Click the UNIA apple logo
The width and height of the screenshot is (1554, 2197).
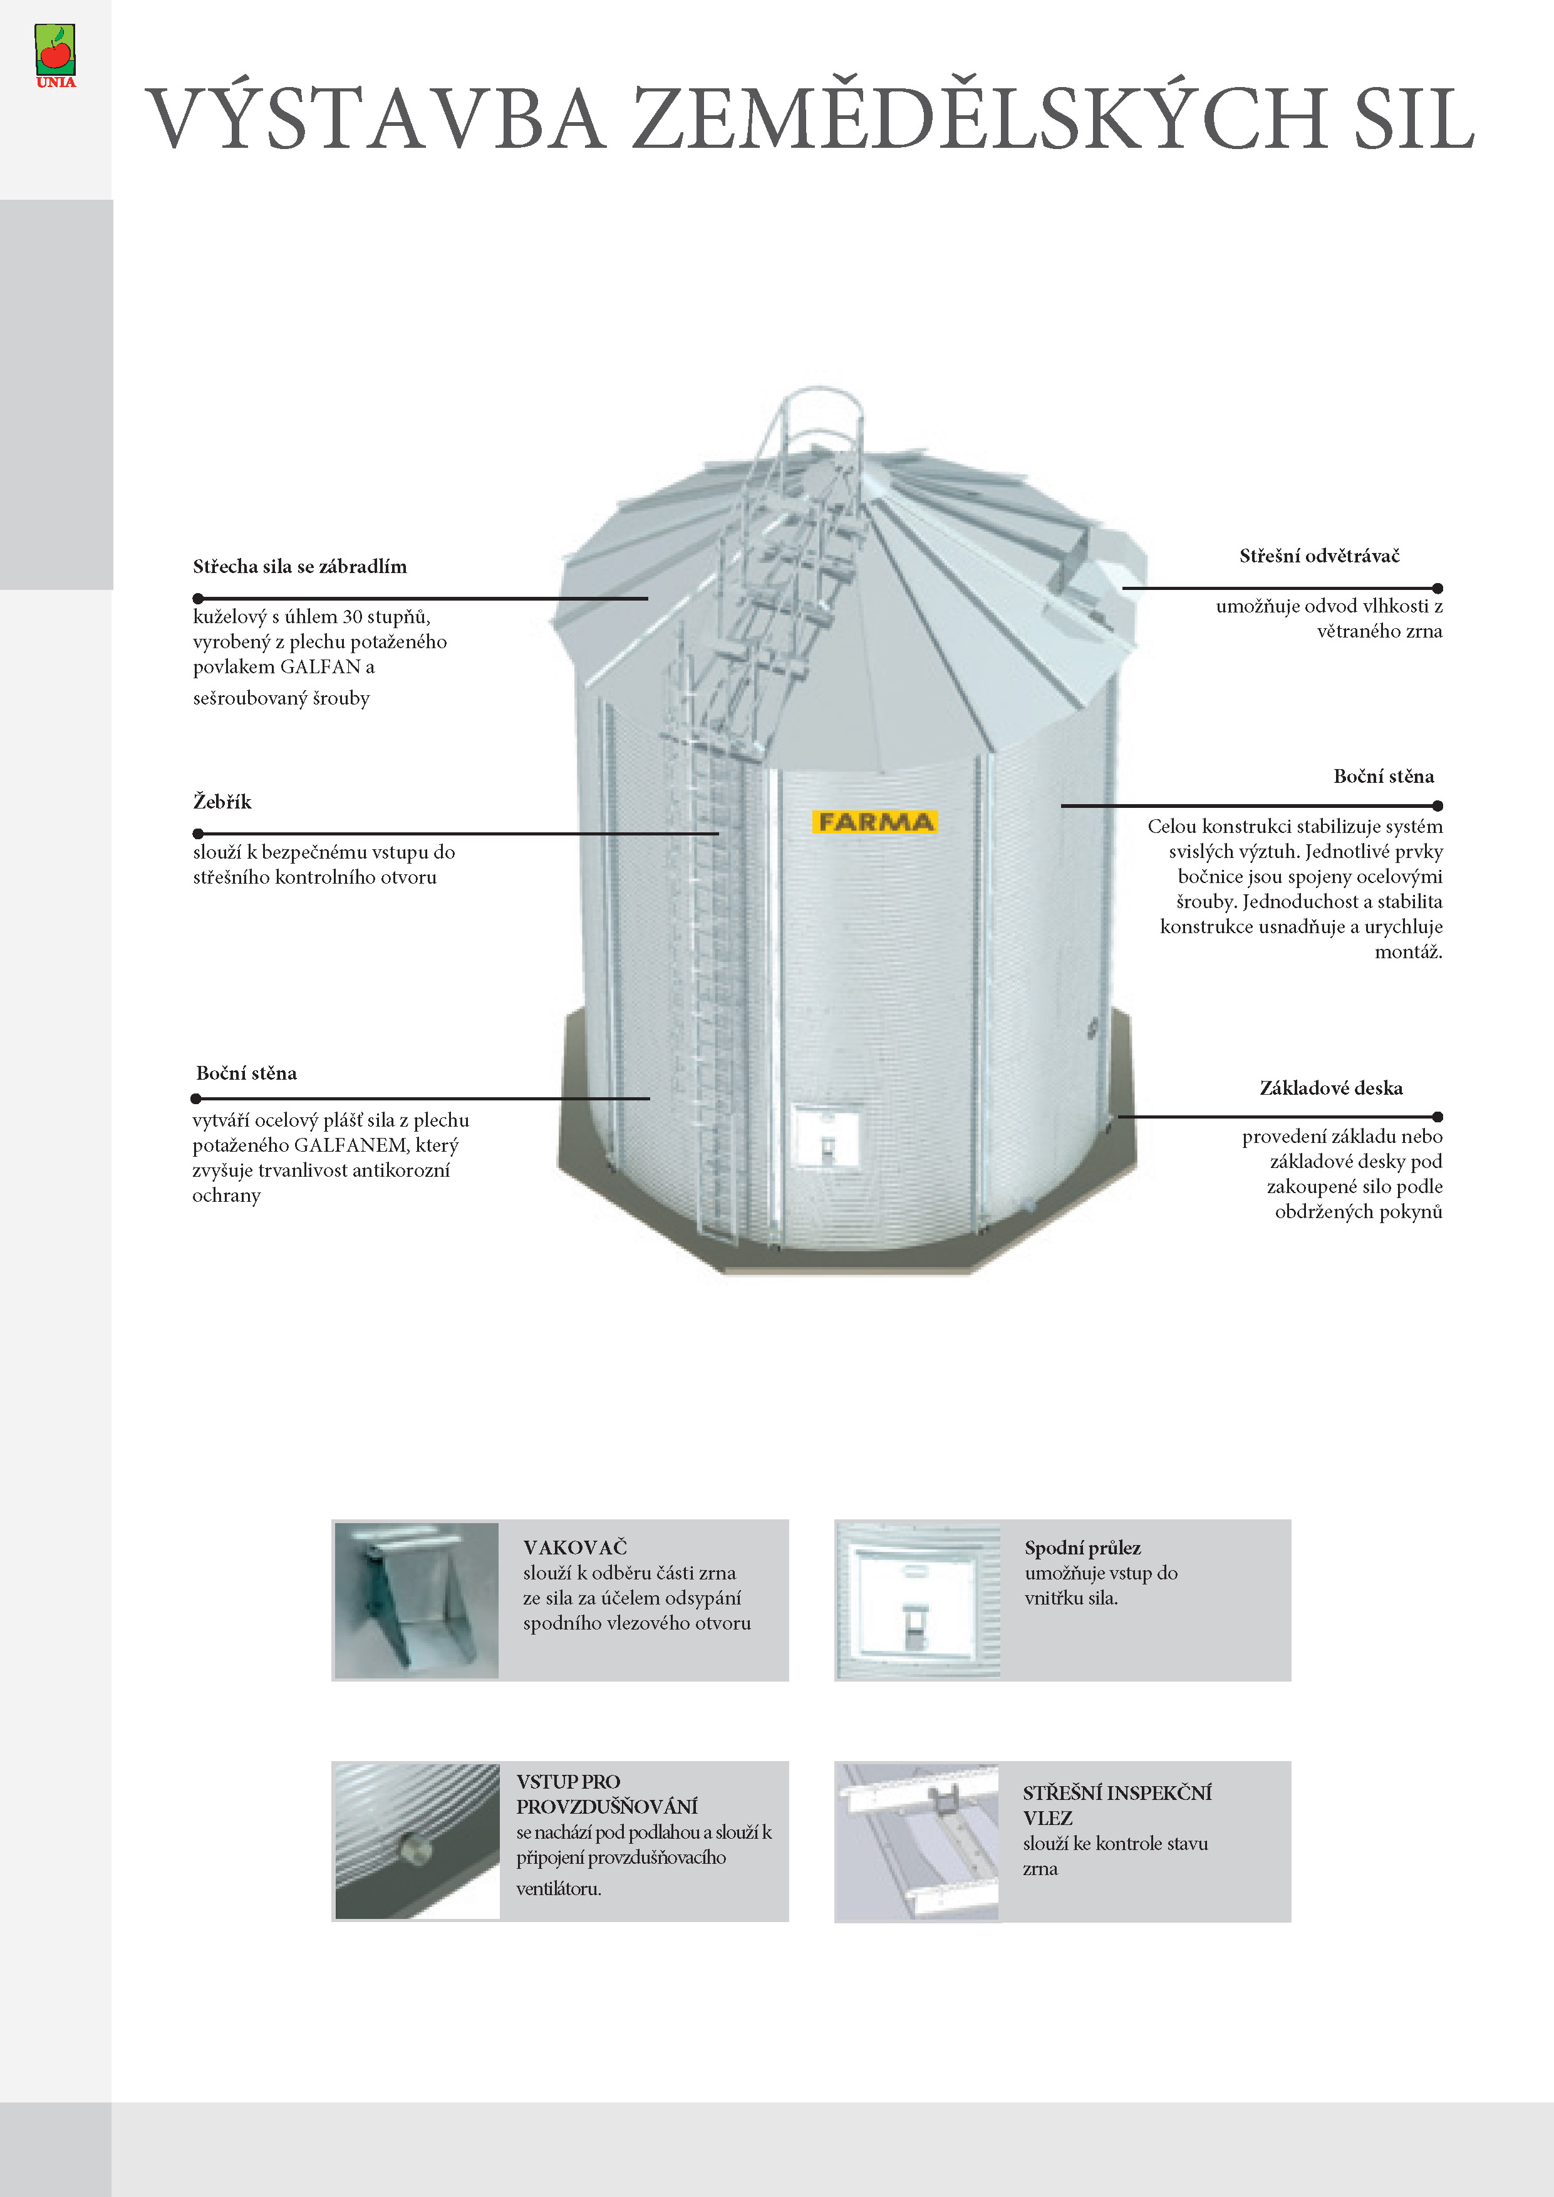(x=56, y=54)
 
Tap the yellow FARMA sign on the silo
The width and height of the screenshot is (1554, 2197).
(x=874, y=822)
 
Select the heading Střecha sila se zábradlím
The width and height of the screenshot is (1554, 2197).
(x=299, y=567)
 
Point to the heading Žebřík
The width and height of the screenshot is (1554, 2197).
(x=222, y=802)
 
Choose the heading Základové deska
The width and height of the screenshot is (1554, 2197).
(x=1330, y=1088)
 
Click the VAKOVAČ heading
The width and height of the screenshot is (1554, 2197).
(x=575, y=1548)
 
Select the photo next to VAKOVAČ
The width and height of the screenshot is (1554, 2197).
(x=417, y=1600)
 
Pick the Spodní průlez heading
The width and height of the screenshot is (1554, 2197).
(x=1082, y=1548)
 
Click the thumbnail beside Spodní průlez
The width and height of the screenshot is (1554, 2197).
(x=918, y=1600)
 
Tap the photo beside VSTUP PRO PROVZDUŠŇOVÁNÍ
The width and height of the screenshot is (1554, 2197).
(x=417, y=1841)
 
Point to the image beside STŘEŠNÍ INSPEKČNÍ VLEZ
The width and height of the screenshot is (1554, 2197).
(x=917, y=1841)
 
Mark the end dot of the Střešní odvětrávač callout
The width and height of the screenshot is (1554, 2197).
(x=1437, y=589)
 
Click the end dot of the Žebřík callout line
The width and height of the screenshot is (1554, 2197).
(x=198, y=834)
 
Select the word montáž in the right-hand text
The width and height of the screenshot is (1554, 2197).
(x=1407, y=952)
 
